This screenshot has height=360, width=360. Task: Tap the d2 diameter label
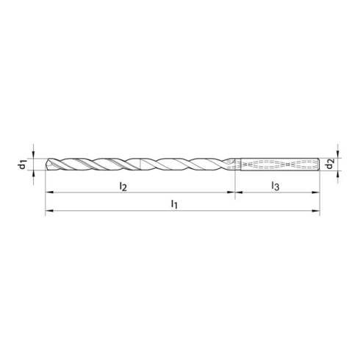(331, 165)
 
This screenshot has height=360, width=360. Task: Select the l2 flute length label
(123, 187)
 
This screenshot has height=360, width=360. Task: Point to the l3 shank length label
(275, 187)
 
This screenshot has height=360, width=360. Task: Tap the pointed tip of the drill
(46, 165)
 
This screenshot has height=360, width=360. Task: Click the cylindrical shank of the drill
(279, 165)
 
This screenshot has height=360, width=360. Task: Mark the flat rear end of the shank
(320, 165)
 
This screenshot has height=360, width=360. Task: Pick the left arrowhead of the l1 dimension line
(48, 212)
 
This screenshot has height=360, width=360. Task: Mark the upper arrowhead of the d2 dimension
(337, 156)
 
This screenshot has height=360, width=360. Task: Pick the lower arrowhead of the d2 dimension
(337, 174)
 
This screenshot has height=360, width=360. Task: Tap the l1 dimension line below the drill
(110, 212)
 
